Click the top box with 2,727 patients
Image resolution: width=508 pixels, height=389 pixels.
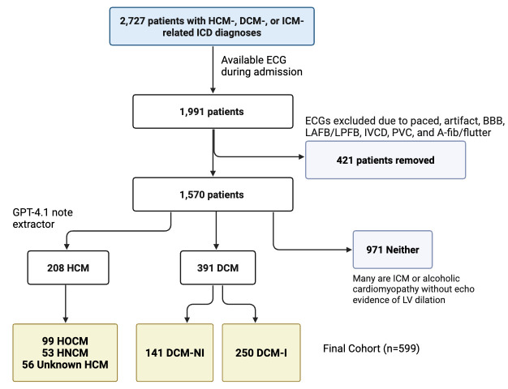tap(212, 26)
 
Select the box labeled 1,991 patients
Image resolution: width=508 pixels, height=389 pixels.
tap(213, 112)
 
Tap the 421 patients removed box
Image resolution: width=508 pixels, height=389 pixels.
tap(385, 160)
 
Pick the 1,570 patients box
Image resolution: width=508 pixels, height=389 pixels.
tap(213, 194)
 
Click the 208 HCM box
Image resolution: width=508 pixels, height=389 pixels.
tap(68, 267)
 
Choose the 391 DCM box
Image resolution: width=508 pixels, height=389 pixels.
tap(217, 267)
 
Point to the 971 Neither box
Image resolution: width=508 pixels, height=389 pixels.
tap(393, 250)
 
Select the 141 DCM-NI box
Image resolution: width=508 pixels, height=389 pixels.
tap(174, 353)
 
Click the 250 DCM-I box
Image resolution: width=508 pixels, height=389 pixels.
tap(261, 353)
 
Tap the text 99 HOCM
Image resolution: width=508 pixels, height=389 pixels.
tap(65, 341)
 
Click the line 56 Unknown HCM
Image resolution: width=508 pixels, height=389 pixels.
tap(65, 365)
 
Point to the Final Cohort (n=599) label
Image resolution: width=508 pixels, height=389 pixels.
tap(372, 348)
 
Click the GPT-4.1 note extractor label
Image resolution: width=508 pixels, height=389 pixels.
tap(42, 218)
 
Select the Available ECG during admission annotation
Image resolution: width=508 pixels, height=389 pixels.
tap(262, 66)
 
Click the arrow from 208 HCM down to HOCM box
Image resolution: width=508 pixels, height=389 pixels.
tap(66, 304)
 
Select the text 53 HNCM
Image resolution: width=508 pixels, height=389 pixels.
tap(65, 353)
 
